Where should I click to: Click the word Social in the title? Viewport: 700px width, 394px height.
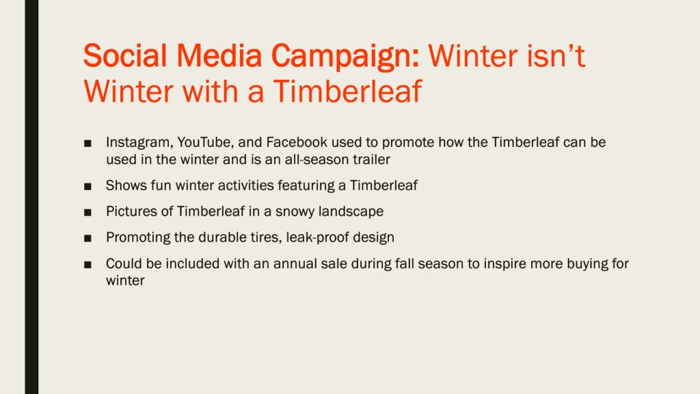click(x=126, y=56)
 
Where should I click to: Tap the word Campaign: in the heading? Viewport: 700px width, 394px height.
click(x=345, y=57)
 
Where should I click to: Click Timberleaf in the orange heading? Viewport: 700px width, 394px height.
click(x=347, y=92)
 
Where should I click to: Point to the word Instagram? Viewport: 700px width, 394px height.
click(x=139, y=143)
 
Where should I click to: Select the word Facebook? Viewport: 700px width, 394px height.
click(x=297, y=142)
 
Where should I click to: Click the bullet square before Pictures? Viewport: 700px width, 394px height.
click(x=87, y=213)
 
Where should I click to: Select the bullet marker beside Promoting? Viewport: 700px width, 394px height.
click(x=87, y=239)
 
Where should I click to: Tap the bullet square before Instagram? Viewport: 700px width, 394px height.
click(x=87, y=144)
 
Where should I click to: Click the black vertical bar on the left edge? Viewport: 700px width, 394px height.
click(x=31, y=197)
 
